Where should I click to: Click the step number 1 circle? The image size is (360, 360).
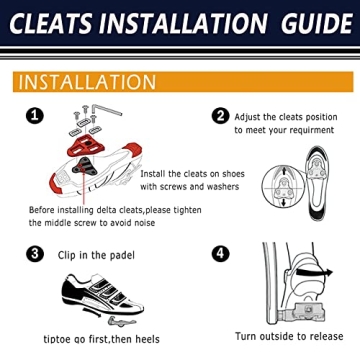[35, 116]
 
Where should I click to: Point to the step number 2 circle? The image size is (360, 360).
[220, 116]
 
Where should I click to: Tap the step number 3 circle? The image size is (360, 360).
[35, 254]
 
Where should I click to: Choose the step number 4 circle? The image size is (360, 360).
[220, 254]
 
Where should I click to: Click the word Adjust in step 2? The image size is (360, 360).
[251, 115]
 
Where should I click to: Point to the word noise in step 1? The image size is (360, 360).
[148, 224]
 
